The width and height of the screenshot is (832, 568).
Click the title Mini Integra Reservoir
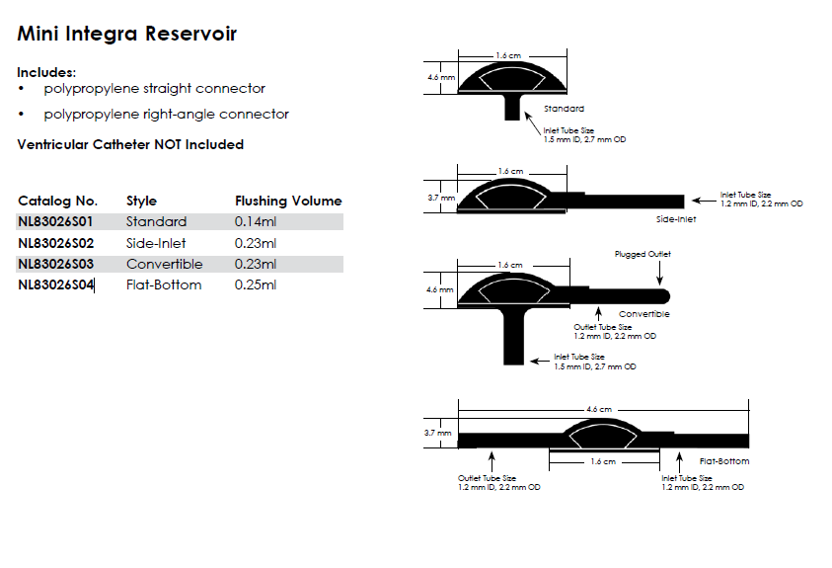tap(127, 35)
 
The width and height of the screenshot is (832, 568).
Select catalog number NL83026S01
tap(55, 221)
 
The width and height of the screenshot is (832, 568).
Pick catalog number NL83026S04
tap(55, 285)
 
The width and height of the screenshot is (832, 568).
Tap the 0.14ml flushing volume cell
tap(256, 221)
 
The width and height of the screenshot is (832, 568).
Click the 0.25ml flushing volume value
tap(256, 285)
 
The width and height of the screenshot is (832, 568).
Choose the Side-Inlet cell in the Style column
tap(156, 243)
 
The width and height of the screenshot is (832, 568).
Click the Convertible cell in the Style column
tap(164, 264)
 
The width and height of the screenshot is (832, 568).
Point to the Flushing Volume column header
tap(288, 201)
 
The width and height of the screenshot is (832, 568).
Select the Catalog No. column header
tap(57, 201)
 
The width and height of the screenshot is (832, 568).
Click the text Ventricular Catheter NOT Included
tap(130, 144)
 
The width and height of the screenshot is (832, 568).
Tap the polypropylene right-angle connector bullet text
tap(166, 114)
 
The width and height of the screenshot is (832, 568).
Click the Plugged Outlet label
tap(643, 254)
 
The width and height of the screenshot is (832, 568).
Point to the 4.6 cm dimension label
tap(599, 409)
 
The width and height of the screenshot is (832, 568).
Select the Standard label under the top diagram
tap(564, 109)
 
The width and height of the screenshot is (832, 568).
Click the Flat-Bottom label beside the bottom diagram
tap(723, 461)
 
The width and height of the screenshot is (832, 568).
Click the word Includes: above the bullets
tap(46, 72)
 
